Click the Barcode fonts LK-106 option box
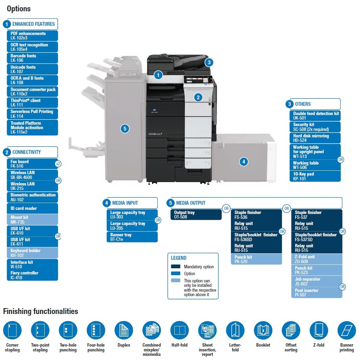pyautogui.click(x=32, y=58)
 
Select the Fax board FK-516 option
pyautogui.click(x=30, y=164)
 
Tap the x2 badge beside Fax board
pyautogui.click(x=58, y=164)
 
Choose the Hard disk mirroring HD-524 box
pyautogui.click(x=315, y=138)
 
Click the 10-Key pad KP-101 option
pyautogui.click(x=315, y=176)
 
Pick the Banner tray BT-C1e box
pyautogui.click(x=132, y=237)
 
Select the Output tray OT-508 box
pyautogui.click(x=196, y=215)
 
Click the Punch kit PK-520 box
pyautogui.click(x=256, y=259)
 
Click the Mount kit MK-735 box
pyautogui.click(x=32, y=220)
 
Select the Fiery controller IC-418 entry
pyautogui.click(x=32, y=275)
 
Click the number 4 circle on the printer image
pyautogui.click(x=244, y=161)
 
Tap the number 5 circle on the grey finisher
pyautogui.click(x=125, y=129)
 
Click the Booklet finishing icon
pyautogui.click(x=263, y=330)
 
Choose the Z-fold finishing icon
pyautogui.click(x=319, y=330)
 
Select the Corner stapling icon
pyautogui.click(x=12, y=330)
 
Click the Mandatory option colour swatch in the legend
pyautogui.click(x=176, y=267)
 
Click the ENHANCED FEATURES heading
pyautogui.click(x=33, y=24)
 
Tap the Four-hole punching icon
pyautogui.click(x=96, y=330)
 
